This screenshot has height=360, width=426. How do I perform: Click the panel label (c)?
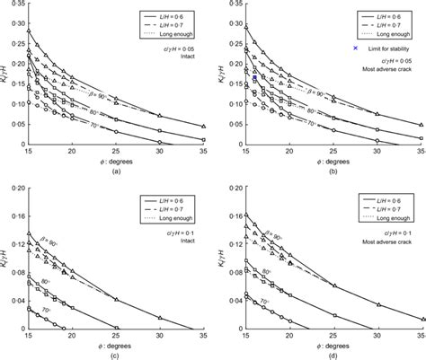tap(115, 353)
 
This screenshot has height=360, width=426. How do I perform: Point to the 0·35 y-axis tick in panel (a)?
tap(16, 6)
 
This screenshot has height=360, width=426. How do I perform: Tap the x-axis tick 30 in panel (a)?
tap(159, 154)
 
